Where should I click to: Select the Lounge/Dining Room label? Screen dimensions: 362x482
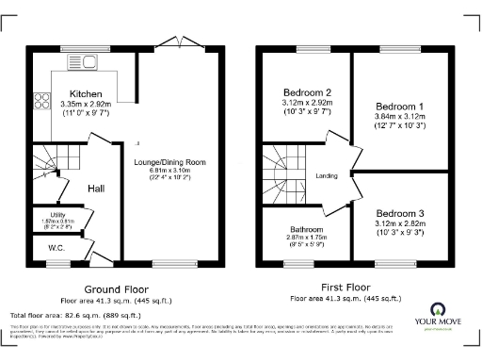170,161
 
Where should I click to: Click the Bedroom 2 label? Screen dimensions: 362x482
308,92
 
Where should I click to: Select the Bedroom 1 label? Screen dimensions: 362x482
399,107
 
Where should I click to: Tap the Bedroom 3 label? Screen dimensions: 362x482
399,214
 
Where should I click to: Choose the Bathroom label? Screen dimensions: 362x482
306,230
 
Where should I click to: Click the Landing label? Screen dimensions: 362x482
327,175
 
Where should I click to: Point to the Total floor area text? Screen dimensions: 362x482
71,312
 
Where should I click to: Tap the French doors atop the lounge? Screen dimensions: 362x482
170,42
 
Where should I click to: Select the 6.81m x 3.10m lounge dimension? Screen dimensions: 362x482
170,172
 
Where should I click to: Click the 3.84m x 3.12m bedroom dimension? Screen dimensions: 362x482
399,117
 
